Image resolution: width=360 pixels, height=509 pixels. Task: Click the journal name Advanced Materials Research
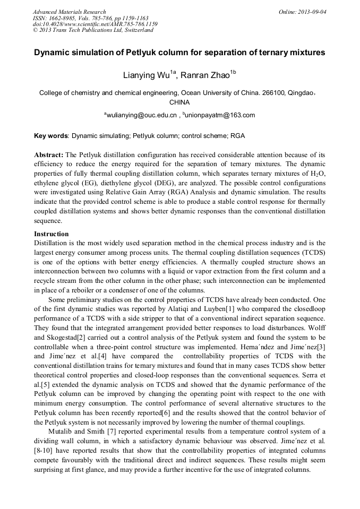tap(69, 12)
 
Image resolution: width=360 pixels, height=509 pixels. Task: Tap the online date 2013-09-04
tap(310, 12)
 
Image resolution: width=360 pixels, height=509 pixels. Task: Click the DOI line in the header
tap(95, 24)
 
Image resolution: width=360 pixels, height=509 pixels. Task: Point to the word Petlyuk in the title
tap(139, 53)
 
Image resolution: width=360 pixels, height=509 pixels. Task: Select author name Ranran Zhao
tap(209, 75)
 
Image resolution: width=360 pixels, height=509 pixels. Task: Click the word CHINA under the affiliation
tap(179, 102)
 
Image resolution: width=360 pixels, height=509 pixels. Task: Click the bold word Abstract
tap(49, 154)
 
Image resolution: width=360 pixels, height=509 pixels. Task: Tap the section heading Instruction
tap(51, 234)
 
